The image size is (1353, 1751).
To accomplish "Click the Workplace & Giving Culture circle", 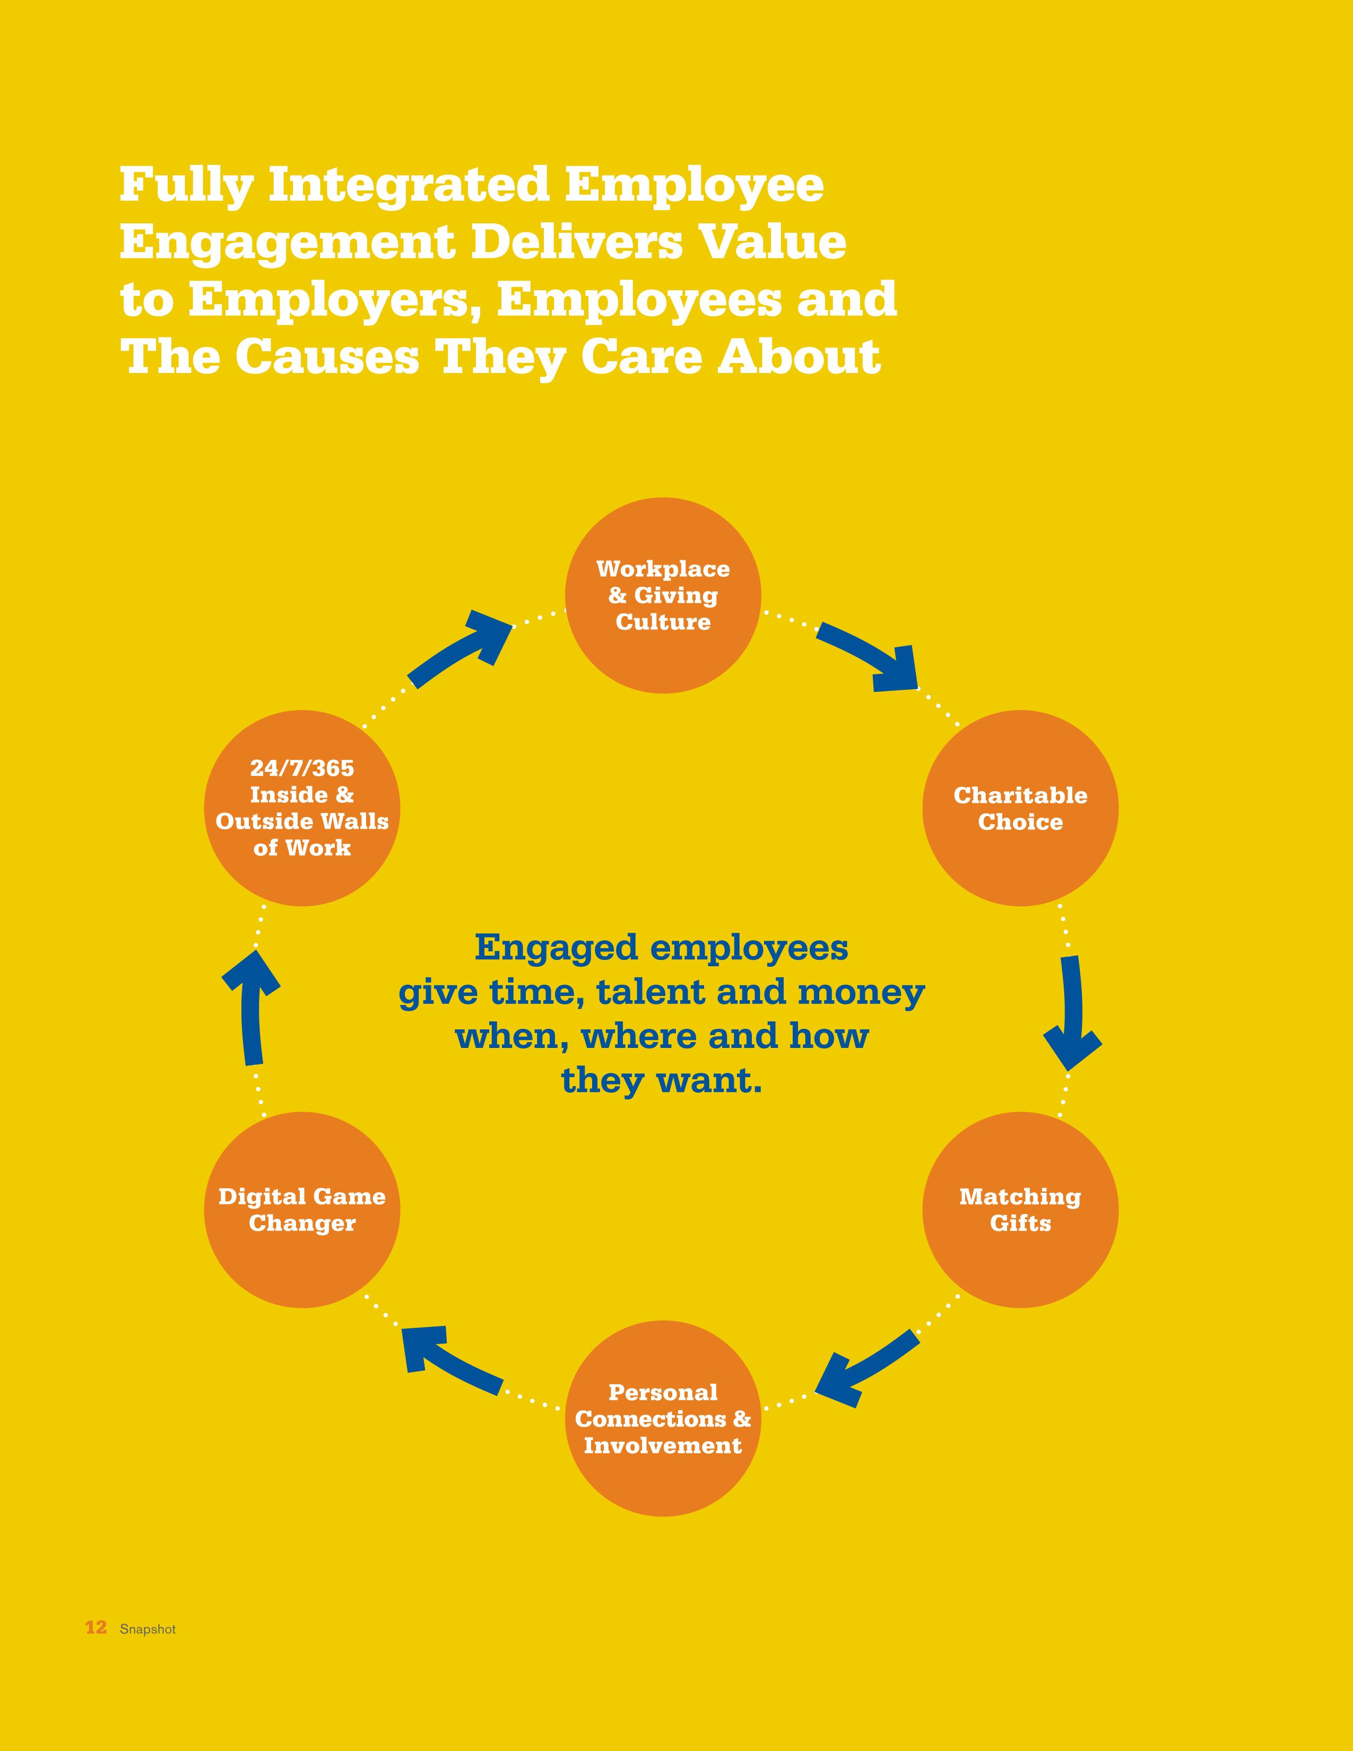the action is tap(663, 595).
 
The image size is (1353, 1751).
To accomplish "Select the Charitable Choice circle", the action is tap(1020, 808).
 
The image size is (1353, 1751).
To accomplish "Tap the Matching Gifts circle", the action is tap(1020, 1210).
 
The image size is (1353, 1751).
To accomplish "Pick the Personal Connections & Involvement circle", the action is tap(663, 1418).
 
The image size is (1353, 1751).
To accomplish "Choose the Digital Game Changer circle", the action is tap(302, 1210).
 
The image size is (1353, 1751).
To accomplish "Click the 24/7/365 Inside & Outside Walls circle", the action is tap(302, 808).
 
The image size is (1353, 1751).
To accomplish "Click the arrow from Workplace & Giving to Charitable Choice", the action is tap(870, 653).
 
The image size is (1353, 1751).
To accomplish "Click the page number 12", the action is tap(96, 1627).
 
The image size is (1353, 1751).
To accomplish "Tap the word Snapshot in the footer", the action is tap(148, 1629).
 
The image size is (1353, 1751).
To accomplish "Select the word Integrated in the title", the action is tap(409, 185).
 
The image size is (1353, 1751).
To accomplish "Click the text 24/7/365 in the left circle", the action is tap(302, 768).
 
